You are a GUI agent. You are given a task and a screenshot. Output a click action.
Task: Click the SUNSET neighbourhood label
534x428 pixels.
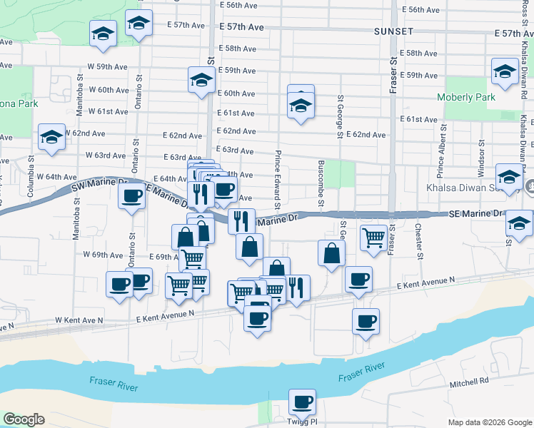pos(393,32)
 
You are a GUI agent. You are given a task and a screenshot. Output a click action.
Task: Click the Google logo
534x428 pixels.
pos(24,419)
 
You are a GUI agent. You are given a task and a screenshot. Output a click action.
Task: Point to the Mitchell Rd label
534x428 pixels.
pos(468,383)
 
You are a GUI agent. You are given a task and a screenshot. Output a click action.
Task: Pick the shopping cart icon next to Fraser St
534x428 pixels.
pos(374,238)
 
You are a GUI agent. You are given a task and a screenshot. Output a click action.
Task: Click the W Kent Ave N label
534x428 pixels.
pos(79,321)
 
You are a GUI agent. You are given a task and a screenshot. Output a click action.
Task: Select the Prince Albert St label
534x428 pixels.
pos(442,152)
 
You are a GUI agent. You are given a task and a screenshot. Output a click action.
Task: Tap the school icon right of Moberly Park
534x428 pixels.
pos(505,71)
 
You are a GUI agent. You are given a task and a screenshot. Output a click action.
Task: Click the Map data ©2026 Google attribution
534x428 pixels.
pos(489,422)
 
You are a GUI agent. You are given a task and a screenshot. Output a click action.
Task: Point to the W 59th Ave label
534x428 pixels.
pos(108,67)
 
